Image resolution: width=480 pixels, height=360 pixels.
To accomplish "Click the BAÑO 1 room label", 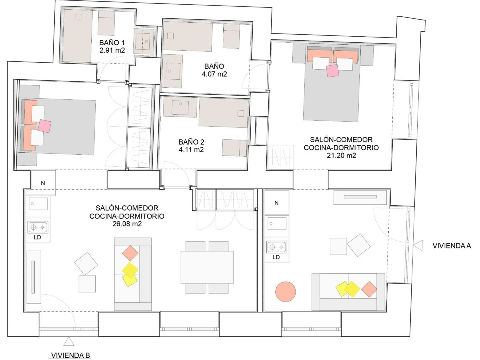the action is pyautogui.click(x=112, y=42).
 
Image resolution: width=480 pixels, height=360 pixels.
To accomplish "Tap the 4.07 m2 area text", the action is pyautogui.click(x=214, y=74).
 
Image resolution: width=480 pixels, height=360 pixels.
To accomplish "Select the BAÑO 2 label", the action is pyautogui.click(x=191, y=142).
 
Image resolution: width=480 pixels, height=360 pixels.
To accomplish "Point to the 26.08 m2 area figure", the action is pyautogui.click(x=127, y=224).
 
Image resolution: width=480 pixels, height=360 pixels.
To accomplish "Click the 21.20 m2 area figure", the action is pyautogui.click(x=341, y=155).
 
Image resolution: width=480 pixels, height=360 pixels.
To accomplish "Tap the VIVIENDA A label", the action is pyautogui.click(x=452, y=246).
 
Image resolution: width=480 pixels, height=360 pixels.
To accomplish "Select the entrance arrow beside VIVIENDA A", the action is pyautogui.click(x=418, y=245).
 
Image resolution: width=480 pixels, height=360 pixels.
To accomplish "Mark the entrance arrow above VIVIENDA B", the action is pyautogui.click(x=69, y=341).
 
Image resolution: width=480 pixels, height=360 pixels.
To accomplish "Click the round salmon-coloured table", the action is pyautogui.click(x=285, y=292).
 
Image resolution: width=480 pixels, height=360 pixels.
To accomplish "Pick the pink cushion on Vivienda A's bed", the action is pyautogui.click(x=333, y=71).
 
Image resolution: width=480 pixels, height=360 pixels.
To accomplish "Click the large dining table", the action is pyautogui.click(x=207, y=267).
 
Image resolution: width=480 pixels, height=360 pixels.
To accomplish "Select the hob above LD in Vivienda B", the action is pyautogui.click(x=38, y=227).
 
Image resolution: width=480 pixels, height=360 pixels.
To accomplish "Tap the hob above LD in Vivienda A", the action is pyautogui.click(x=276, y=247).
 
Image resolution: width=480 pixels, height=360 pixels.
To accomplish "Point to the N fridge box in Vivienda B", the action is pyautogui.click(x=43, y=183).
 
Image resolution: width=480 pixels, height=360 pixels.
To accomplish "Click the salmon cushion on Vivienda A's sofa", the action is pyautogui.click(x=369, y=289).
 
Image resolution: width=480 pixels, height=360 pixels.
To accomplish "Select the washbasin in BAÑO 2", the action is pyautogui.click(x=180, y=107).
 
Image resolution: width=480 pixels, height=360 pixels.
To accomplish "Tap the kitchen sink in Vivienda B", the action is pyautogui.click(x=38, y=204).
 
